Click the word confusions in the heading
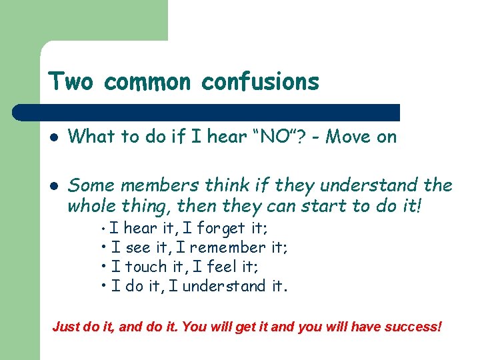pyautogui.click(x=260, y=82)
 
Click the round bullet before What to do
pyautogui.click(x=53, y=138)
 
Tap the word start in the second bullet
pyautogui.click(x=301, y=207)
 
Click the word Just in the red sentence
pyautogui.click(x=65, y=328)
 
